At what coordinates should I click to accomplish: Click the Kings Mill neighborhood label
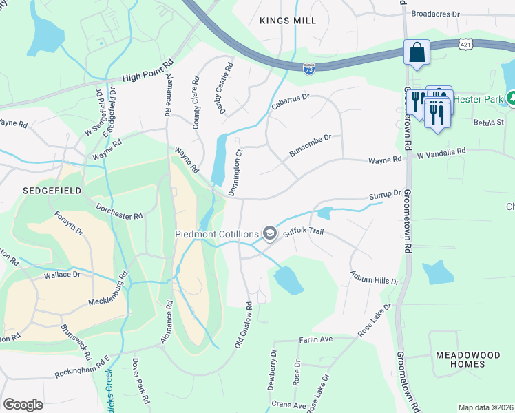288,21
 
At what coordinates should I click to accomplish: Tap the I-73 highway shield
308,68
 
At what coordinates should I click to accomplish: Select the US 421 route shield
467,44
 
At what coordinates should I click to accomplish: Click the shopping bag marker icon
417,53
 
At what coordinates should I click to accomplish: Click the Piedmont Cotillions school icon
270,234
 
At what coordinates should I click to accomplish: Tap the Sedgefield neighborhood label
52,190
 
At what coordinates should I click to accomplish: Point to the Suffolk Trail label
303,232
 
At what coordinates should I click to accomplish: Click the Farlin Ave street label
315,339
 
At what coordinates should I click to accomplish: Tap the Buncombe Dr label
310,145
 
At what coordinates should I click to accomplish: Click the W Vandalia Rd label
442,151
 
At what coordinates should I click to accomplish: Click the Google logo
23,405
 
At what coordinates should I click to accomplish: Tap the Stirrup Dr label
384,195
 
